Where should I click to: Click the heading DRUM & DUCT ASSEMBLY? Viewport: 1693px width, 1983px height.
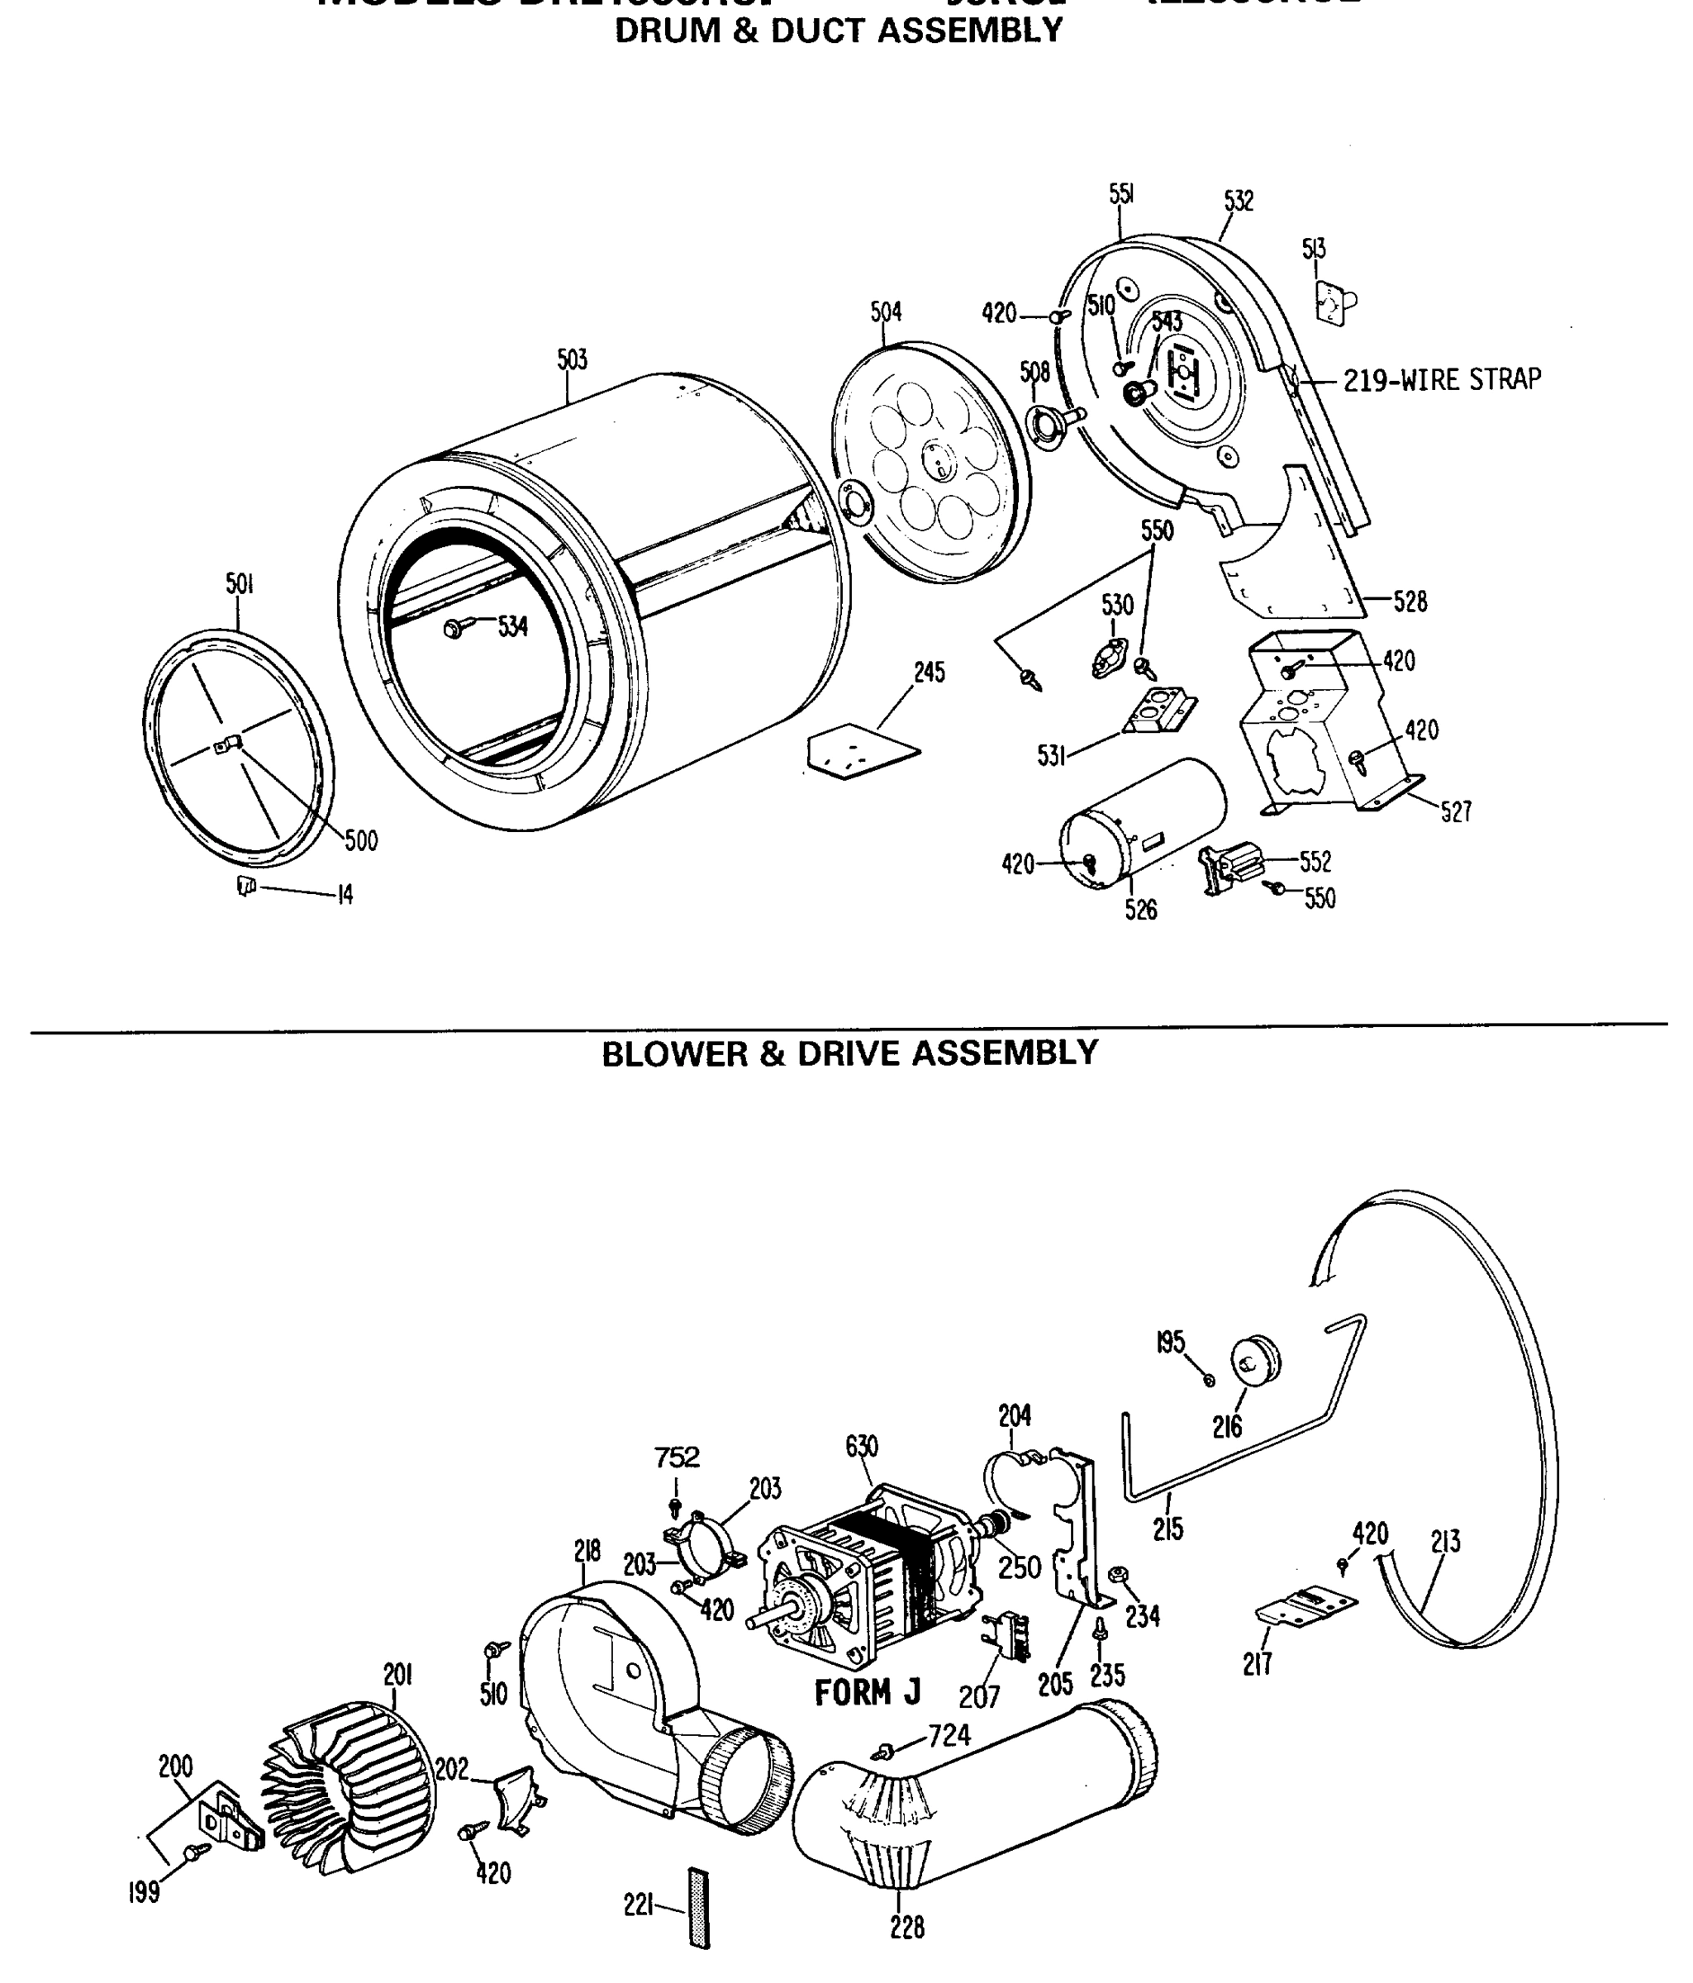(x=839, y=31)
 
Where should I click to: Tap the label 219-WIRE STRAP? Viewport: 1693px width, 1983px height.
(x=1441, y=380)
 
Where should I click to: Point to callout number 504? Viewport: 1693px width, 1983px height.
(x=885, y=312)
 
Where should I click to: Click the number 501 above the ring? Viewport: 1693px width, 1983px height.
(x=240, y=584)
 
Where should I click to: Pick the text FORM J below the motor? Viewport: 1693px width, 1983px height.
(x=867, y=1693)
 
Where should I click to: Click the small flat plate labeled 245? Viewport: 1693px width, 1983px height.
(x=861, y=751)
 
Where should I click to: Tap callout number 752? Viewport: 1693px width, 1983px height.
(x=677, y=1458)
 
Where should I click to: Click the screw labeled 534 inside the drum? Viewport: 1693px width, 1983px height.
(x=454, y=629)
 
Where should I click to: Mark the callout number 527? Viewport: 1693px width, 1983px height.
(x=1456, y=812)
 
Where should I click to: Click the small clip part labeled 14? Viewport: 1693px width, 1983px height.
(x=247, y=887)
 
